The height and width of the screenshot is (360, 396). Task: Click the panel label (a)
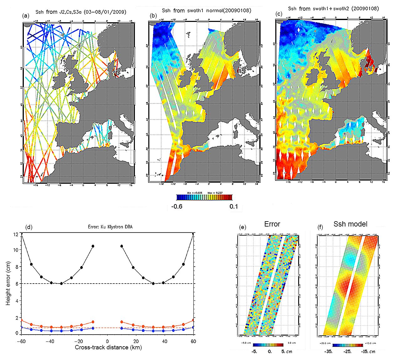click(x=26, y=15)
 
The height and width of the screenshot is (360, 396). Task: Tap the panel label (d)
click(x=29, y=227)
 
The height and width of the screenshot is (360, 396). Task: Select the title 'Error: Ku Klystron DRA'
click(x=110, y=227)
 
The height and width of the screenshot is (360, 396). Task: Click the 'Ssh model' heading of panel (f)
click(x=350, y=224)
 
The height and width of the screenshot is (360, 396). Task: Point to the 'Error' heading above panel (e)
click(x=272, y=224)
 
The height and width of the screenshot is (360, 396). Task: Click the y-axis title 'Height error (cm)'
click(x=8, y=283)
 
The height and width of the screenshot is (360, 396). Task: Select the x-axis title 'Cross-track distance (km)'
click(x=108, y=347)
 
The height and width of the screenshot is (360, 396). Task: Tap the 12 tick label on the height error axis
click(x=16, y=234)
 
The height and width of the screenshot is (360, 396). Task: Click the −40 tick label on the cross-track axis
click(x=50, y=341)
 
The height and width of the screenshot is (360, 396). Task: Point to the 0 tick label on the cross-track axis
click(x=107, y=341)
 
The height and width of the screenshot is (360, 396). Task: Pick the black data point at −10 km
click(x=93, y=246)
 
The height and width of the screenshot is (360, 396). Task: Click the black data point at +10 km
click(x=122, y=246)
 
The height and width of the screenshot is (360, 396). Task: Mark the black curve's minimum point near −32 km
click(x=61, y=284)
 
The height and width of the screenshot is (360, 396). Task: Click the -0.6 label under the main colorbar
click(x=177, y=206)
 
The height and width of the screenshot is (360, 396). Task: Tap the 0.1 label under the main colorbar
click(x=234, y=206)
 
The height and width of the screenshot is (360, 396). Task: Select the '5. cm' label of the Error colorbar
click(x=287, y=351)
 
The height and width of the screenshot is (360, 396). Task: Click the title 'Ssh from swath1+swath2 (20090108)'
click(x=333, y=9)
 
